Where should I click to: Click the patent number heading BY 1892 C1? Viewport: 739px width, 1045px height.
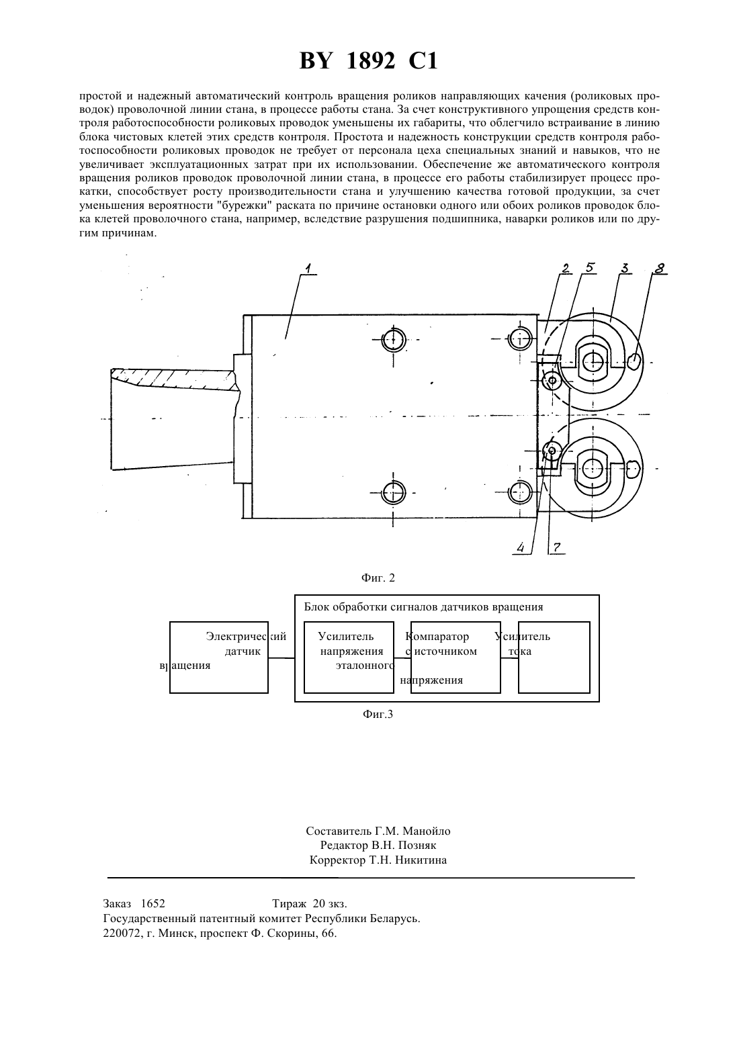click(369, 61)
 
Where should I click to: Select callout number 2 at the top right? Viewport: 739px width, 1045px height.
click(566, 268)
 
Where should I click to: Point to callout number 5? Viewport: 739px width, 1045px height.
click(590, 268)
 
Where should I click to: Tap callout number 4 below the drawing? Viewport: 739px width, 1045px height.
click(521, 547)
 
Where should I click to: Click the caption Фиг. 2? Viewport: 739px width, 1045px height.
click(378, 578)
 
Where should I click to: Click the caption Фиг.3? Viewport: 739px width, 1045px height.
click(378, 714)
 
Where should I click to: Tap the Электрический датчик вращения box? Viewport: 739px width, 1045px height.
click(219, 657)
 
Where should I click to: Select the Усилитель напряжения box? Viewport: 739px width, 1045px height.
click(349, 657)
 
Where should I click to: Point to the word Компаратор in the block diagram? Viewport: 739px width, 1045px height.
click(437, 636)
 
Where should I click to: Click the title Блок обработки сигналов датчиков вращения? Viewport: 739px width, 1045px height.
click(424, 607)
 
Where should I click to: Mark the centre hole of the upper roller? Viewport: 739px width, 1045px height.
click(593, 360)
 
